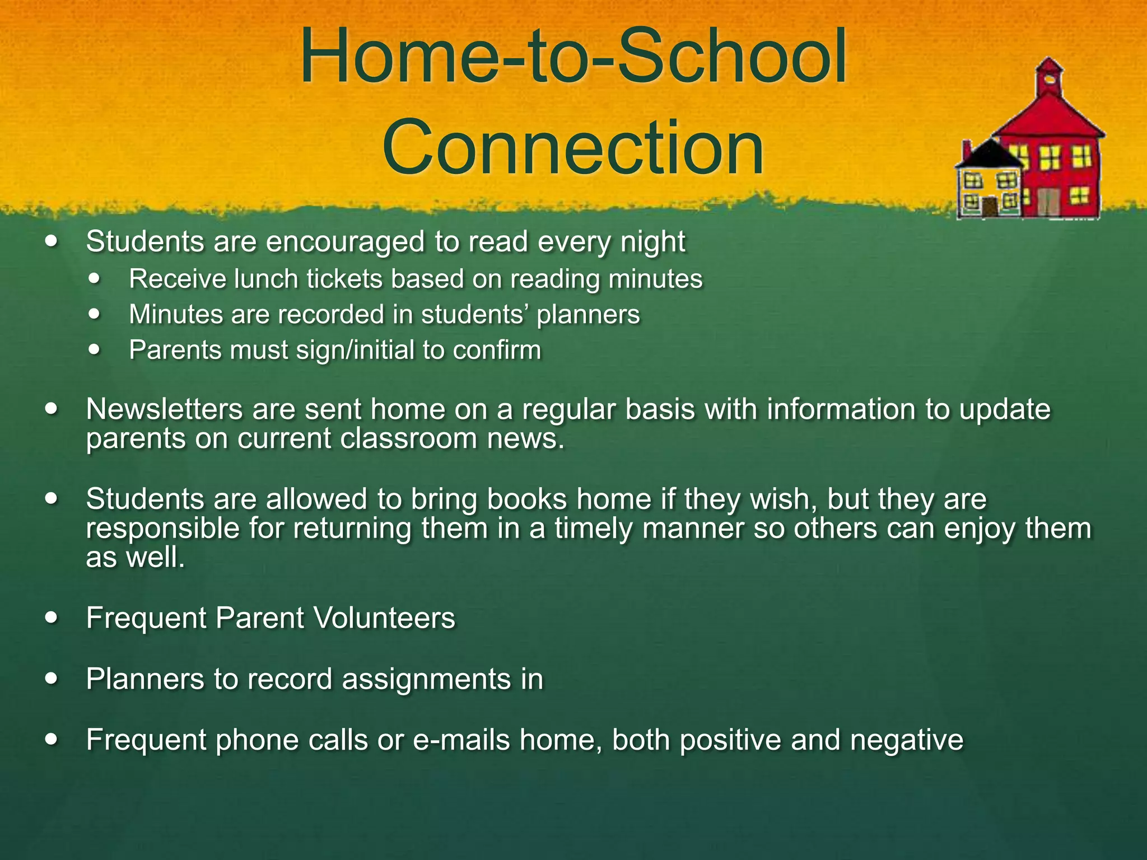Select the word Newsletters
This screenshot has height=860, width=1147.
coord(164,409)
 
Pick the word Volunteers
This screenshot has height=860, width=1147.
coord(384,618)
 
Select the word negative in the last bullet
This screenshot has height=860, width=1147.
coord(906,740)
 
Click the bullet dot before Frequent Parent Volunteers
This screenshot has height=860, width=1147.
coord(52,618)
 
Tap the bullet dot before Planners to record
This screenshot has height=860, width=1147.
coord(52,679)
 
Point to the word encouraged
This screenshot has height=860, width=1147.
coord(345,242)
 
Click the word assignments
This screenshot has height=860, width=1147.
coord(427,679)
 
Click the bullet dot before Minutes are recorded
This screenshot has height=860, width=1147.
coord(95,314)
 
